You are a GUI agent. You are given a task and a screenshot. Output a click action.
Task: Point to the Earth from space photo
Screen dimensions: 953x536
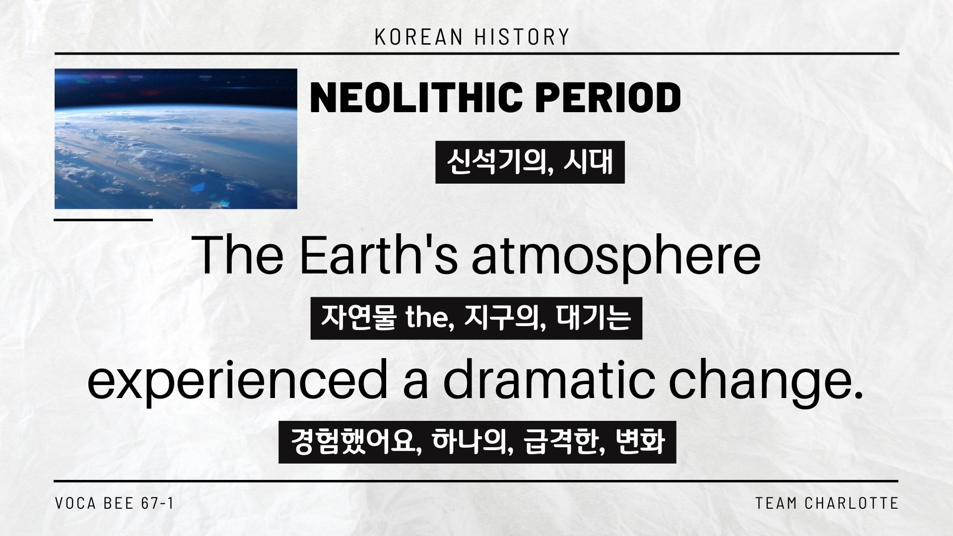point(176,138)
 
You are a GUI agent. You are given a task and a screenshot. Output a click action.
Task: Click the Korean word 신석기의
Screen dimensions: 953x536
point(499,163)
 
